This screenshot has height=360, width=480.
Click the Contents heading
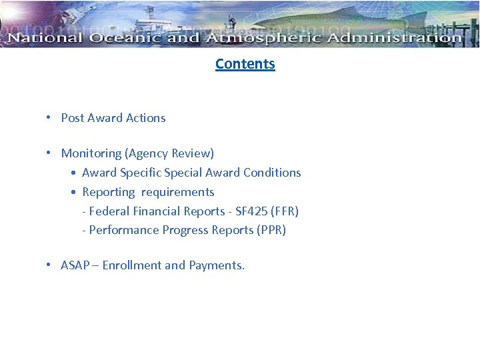coord(245,64)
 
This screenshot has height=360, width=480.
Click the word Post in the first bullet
coord(73,118)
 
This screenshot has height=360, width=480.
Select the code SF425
coord(251,211)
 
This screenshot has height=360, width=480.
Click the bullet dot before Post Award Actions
coord(49,118)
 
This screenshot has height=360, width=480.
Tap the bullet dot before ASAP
coord(49,265)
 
